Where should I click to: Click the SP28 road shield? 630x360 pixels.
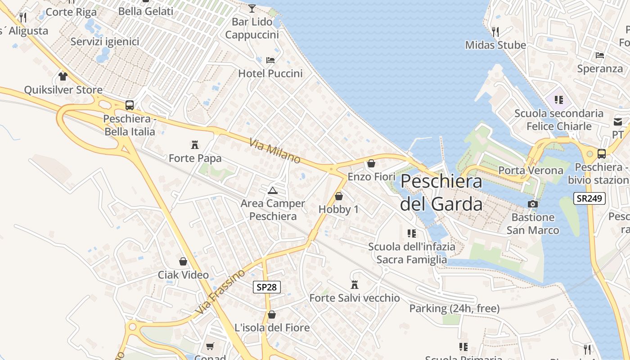267,287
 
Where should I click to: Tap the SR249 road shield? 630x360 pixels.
589,198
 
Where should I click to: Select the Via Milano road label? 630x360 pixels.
274,151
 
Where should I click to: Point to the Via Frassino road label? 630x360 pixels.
220,292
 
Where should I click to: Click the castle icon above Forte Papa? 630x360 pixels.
195,145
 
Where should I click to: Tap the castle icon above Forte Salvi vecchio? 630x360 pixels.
355,284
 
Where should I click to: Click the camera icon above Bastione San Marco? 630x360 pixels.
533,204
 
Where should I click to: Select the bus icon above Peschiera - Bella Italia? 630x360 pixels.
130,105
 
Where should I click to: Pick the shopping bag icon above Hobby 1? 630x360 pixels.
339,196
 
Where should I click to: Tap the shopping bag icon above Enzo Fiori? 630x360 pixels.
371,163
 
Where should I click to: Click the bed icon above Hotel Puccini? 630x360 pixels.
270,60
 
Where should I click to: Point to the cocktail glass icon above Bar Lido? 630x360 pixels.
252,9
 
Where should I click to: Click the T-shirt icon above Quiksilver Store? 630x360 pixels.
63,76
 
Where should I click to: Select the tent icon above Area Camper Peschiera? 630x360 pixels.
272,190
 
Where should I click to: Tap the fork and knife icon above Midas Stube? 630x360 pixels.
495,31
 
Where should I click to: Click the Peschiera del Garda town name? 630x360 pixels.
441,193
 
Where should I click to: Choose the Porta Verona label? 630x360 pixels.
531,171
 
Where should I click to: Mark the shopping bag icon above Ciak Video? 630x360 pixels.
183,261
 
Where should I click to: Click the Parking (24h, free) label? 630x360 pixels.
454,308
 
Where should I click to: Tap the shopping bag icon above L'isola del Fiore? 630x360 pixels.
272,314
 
